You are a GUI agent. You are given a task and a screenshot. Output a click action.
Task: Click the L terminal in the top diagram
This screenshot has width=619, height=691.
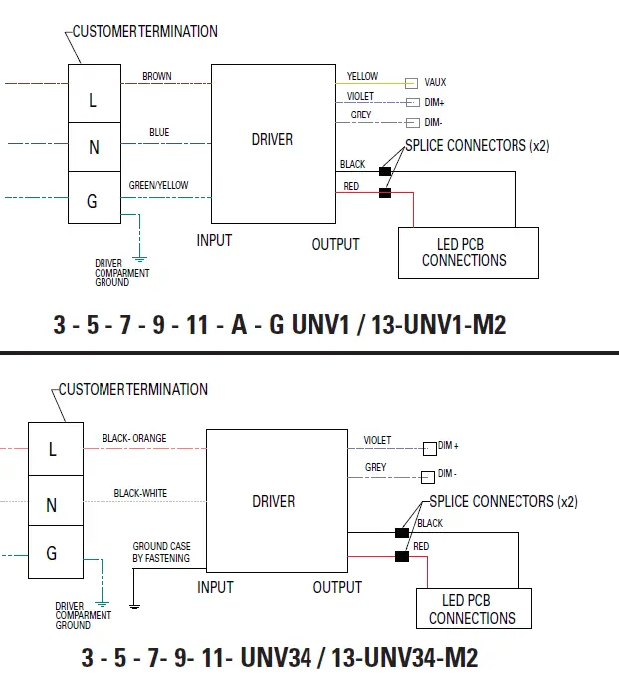tap(93, 100)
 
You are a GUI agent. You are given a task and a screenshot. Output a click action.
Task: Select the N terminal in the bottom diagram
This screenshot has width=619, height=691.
tap(52, 505)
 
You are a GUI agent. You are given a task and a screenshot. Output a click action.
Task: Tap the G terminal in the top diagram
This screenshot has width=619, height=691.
tap(93, 201)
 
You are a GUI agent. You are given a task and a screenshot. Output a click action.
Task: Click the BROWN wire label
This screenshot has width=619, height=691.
tap(156, 76)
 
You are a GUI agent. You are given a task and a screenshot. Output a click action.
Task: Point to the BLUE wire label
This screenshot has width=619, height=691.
tap(159, 132)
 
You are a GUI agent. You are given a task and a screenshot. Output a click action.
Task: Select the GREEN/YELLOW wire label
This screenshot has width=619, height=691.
tap(158, 185)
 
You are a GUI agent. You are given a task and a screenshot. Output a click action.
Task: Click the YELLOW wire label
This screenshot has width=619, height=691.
tap(362, 76)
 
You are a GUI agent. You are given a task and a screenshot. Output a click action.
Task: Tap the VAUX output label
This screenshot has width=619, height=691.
tap(435, 82)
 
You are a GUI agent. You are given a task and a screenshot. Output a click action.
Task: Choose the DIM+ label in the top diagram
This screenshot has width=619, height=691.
tap(434, 103)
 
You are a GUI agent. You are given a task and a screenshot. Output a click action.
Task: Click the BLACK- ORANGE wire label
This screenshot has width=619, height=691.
tap(134, 438)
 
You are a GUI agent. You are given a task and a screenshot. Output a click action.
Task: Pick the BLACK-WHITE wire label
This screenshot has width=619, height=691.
tap(140, 493)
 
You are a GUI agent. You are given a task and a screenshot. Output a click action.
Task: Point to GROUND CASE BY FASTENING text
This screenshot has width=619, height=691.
tap(161, 552)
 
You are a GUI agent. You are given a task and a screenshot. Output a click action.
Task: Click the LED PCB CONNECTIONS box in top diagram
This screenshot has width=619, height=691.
tap(467, 253)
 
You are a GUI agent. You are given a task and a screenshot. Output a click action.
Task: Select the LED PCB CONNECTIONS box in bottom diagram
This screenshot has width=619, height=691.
tap(472, 610)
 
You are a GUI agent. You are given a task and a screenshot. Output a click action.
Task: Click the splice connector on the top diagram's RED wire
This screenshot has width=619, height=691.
tap(385, 193)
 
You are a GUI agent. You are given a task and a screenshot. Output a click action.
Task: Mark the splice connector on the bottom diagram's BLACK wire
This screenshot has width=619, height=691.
tap(401, 534)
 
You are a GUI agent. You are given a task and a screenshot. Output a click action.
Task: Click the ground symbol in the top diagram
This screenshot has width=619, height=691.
tap(140, 256)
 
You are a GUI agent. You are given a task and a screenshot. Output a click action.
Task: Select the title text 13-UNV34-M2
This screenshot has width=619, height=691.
tap(406, 658)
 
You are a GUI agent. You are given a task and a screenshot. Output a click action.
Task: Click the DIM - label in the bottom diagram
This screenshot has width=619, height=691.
tap(448, 474)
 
